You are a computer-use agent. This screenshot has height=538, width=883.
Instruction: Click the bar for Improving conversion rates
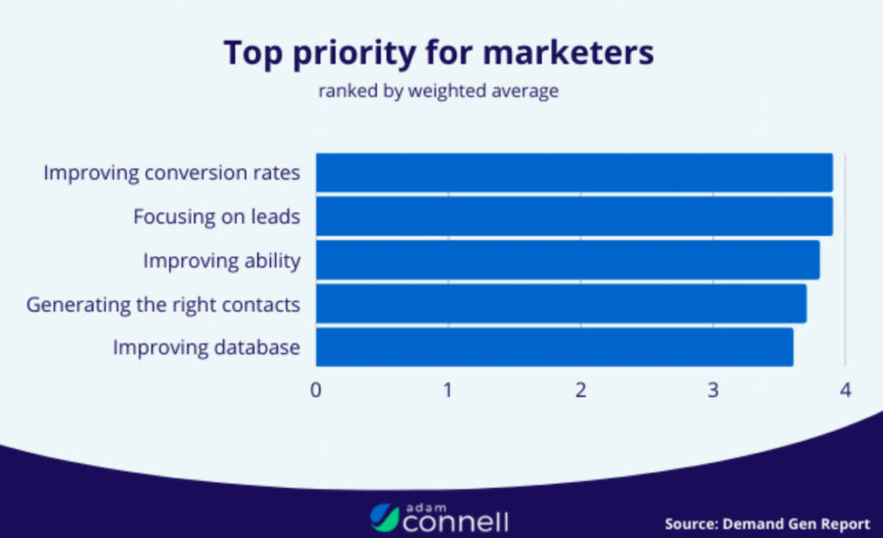pos(574,172)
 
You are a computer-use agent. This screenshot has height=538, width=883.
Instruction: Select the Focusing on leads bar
pos(574,216)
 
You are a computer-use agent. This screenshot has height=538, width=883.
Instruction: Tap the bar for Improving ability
pos(567,260)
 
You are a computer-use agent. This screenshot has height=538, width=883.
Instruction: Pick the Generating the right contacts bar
pos(560,303)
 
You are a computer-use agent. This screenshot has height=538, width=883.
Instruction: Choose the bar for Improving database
pos(554,347)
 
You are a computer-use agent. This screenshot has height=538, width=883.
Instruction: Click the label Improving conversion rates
pos(172,172)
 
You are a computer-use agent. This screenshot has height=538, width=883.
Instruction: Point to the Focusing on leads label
pos(216,216)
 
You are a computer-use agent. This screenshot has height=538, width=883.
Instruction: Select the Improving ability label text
pos(222,260)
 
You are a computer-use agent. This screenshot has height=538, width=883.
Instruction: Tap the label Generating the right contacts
pos(163,304)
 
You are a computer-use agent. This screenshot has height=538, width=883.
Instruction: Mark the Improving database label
pos(206,347)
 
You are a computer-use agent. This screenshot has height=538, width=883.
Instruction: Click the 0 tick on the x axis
pos(316,390)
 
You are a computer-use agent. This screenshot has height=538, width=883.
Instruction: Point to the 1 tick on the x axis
pos(448,390)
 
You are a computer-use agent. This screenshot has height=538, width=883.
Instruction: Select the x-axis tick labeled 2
pos(581,390)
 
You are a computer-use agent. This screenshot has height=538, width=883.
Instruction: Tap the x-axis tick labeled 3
pos(713,390)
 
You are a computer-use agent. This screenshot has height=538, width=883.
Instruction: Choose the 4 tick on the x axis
pos(845,390)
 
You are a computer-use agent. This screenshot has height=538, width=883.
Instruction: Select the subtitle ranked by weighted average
pos(438,91)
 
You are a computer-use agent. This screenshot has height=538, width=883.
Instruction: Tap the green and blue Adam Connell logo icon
pos(385,516)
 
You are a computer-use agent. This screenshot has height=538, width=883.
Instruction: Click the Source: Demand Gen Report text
pos(767,523)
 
